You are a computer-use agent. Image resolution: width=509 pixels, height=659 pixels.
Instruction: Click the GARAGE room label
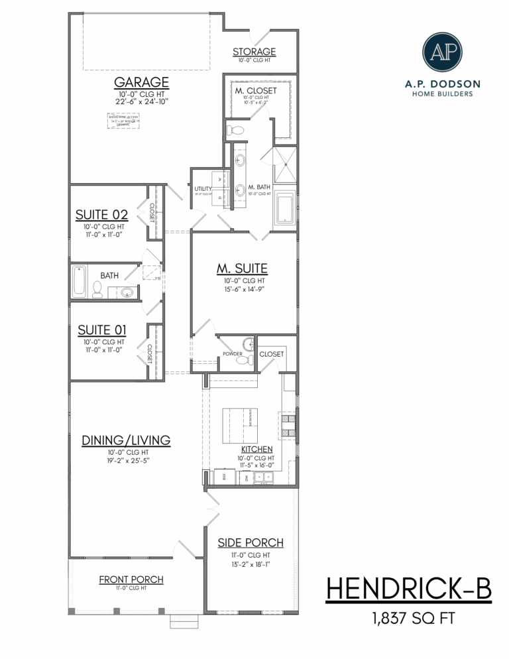(x=141, y=82)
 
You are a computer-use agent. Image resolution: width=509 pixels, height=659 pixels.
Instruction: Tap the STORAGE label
(x=254, y=52)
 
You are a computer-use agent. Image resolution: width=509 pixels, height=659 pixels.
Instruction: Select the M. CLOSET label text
(x=255, y=90)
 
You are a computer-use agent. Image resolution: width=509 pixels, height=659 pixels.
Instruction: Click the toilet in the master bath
(x=235, y=129)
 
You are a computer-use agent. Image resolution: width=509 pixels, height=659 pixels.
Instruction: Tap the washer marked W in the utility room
(x=219, y=180)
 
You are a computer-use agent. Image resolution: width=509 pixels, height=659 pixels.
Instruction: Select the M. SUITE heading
(x=242, y=269)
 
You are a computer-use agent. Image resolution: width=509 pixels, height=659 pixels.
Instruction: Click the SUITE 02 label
(x=101, y=214)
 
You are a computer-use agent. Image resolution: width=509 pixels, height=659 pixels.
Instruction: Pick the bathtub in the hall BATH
(x=79, y=282)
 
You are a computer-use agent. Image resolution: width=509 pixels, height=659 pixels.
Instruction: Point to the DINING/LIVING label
(x=126, y=440)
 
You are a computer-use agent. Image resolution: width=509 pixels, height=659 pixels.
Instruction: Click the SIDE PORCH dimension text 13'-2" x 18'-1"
(x=251, y=564)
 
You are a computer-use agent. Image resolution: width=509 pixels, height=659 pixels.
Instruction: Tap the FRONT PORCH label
(x=131, y=579)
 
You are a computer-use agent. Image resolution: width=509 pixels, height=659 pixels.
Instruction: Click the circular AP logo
(x=443, y=50)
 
